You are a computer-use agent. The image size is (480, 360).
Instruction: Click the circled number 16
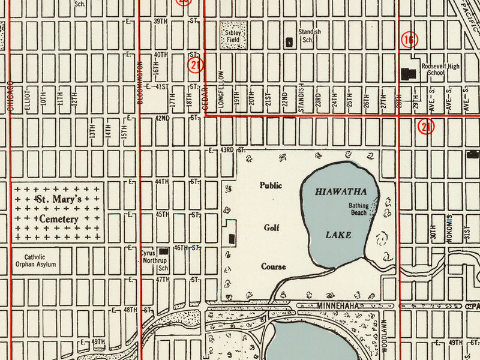point(409,40)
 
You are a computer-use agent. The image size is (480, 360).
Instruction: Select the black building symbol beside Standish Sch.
point(289,41)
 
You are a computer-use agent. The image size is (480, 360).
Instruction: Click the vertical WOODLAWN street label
point(385,334)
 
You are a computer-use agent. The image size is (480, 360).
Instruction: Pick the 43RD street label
point(226,149)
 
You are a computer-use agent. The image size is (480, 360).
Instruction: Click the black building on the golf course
point(232,237)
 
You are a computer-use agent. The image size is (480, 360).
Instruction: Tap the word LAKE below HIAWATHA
point(338,235)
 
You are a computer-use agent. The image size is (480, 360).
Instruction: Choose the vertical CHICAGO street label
point(11,96)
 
